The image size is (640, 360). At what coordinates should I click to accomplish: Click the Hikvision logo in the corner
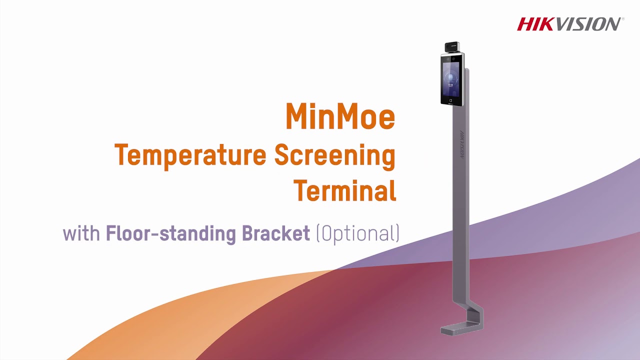pos(569,24)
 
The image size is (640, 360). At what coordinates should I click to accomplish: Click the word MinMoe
pos(340,116)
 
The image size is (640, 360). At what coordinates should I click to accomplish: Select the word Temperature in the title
pos(190,155)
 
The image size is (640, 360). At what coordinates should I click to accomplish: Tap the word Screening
pos(335,156)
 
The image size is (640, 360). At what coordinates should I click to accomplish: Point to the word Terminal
pos(344,190)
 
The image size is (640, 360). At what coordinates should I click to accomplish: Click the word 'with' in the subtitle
pos(81,233)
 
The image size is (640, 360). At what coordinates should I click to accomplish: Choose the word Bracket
pos(276,233)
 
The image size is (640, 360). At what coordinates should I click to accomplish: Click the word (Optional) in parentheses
pos(358,233)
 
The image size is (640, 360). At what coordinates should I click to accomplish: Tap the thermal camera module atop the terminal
pos(453,47)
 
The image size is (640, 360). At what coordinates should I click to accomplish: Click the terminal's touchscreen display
pos(451,78)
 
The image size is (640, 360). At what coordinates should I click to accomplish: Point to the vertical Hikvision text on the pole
pos(461,144)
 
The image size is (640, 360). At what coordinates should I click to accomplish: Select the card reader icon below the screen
pos(451,100)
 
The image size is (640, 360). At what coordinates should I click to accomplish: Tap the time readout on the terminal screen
pos(450,85)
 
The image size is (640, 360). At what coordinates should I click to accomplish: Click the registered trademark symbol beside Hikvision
pos(622,19)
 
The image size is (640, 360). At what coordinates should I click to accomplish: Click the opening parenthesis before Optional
pos(318,233)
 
